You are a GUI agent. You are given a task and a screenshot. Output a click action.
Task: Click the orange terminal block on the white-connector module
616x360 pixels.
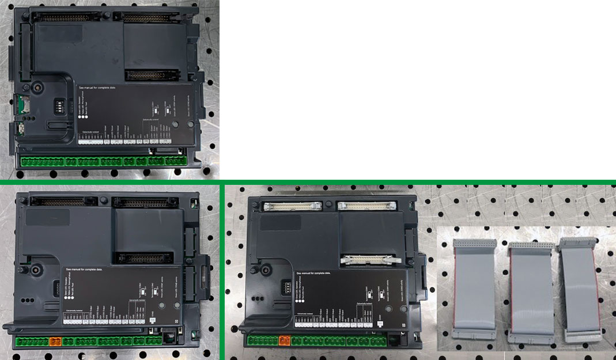(x=284, y=340)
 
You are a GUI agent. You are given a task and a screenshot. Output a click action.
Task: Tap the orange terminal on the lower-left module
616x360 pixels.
(x=56, y=341)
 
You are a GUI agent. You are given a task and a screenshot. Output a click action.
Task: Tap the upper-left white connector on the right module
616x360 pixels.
(x=291, y=204)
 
